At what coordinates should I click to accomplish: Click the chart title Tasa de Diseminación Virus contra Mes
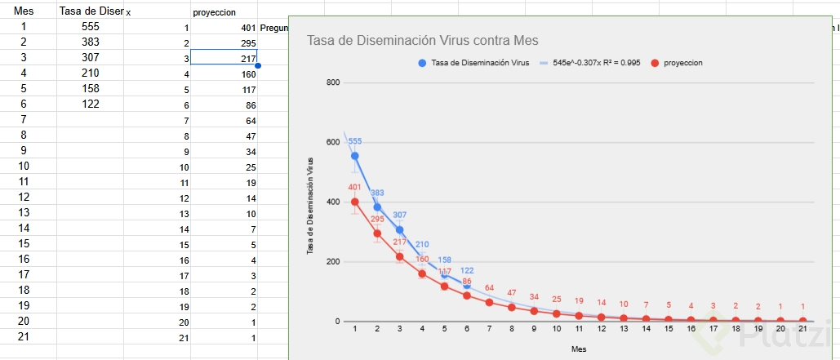(x=422, y=41)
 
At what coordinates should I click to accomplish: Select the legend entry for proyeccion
(x=683, y=63)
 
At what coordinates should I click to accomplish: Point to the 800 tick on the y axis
(x=332, y=82)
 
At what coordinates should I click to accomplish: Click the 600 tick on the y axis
(x=332, y=142)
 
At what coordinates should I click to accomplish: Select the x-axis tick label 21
(x=802, y=329)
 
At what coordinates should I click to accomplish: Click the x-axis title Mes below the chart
(x=579, y=349)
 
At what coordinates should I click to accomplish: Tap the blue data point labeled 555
(x=354, y=156)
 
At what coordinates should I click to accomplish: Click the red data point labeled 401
(x=354, y=202)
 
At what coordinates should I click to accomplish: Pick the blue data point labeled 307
(x=400, y=230)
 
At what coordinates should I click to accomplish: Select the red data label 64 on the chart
(x=490, y=287)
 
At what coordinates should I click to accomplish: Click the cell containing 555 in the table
(x=90, y=26)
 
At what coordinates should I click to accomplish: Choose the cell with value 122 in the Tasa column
(x=90, y=104)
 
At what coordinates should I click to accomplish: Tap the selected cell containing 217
(x=224, y=57)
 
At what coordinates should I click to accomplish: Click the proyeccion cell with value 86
(x=224, y=105)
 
